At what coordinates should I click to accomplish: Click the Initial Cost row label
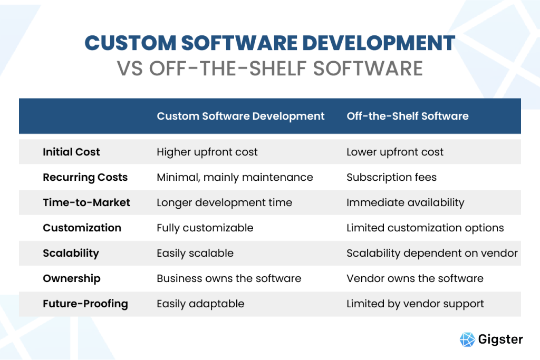point(71,152)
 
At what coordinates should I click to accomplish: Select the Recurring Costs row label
point(85,177)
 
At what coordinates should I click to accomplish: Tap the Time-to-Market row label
point(86,202)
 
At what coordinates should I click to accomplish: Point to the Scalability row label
point(71,253)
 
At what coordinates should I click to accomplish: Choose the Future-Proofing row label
point(85,304)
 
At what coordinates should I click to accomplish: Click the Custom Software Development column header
point(240,116)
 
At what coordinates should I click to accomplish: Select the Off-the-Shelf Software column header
point(407,116)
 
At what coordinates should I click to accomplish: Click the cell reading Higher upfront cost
point(207,152)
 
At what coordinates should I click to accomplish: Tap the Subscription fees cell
point(391,177)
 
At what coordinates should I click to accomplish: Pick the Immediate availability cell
point(405,202)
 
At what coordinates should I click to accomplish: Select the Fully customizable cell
point(205,228)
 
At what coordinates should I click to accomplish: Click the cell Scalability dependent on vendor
point(432,253)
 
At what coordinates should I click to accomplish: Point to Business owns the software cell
point(229,278)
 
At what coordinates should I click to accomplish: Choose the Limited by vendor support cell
point(415,304)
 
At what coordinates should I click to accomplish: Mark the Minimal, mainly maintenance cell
point(235,177)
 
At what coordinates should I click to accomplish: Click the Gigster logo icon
point(467,339)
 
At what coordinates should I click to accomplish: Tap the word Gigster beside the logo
point(500,339)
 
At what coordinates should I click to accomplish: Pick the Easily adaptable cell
point(200,304)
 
